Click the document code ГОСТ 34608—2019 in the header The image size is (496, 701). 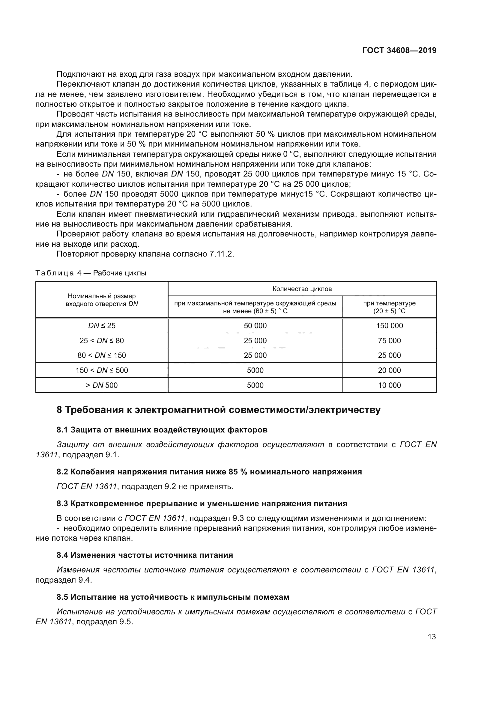pos(399,50)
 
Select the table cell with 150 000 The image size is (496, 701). pos(390,325)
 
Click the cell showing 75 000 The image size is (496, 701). pos(390,340)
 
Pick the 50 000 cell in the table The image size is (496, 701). pos(255,325)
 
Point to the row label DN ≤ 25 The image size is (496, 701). pos(102,325)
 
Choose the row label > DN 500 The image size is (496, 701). pos(102,385)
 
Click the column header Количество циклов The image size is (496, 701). pos(302,289)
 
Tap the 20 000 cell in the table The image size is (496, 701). pos(390,370)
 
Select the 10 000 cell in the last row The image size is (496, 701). pos(390,385)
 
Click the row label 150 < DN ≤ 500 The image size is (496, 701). pos(102,370)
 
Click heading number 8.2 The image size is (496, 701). pos(62,472)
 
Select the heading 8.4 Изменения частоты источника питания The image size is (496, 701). pos(145,555)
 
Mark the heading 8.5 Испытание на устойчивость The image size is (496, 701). pos(173,597)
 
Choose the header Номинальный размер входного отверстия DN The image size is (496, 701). pos(102,300)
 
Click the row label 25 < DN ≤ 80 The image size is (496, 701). pos(102,340)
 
